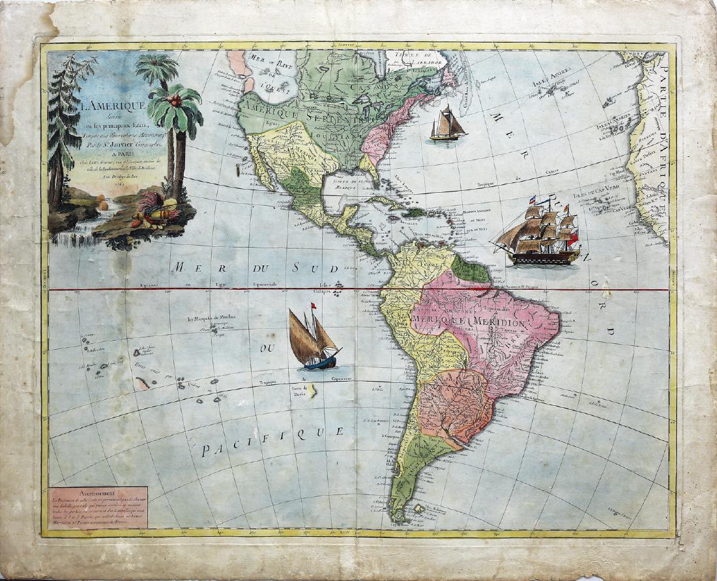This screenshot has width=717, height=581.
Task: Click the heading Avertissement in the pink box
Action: coord(98,493)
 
